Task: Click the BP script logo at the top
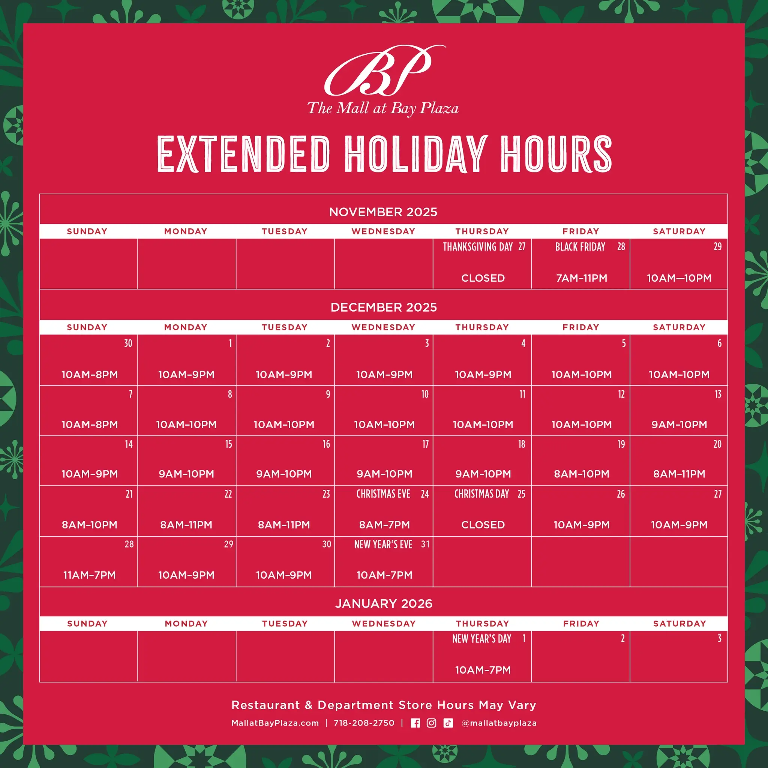385,70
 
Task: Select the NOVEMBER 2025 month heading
383,212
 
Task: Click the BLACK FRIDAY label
580,247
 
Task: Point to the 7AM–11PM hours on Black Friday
582,278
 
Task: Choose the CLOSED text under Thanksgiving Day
483,278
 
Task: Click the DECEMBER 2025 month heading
384,307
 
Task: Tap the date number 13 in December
718,394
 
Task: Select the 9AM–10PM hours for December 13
679,424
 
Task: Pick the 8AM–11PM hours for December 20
679,474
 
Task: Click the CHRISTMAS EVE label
383,494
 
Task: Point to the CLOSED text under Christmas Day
483,525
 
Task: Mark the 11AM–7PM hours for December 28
90,575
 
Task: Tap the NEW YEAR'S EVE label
383,544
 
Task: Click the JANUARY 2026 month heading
384,603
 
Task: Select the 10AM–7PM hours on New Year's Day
483,670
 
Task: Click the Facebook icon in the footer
415,723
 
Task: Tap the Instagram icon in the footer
431,723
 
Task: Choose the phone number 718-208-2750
364,723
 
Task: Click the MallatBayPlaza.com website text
275,723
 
